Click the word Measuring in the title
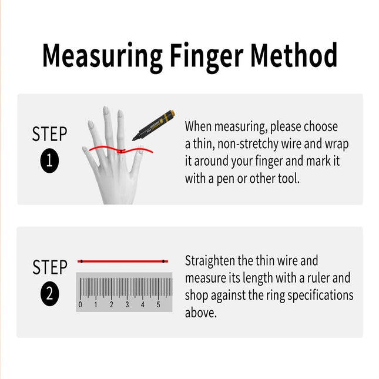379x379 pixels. [102, 56]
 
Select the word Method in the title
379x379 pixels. [294, 56]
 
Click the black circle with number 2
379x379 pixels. [50, 294]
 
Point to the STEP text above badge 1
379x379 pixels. [50, 134]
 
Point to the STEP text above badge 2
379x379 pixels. [50, 267]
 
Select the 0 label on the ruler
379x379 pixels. [81, 305]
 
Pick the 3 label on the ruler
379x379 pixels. [127, 305]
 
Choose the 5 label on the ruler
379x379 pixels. [158, 305]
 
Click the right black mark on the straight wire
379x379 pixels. [164, 261]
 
